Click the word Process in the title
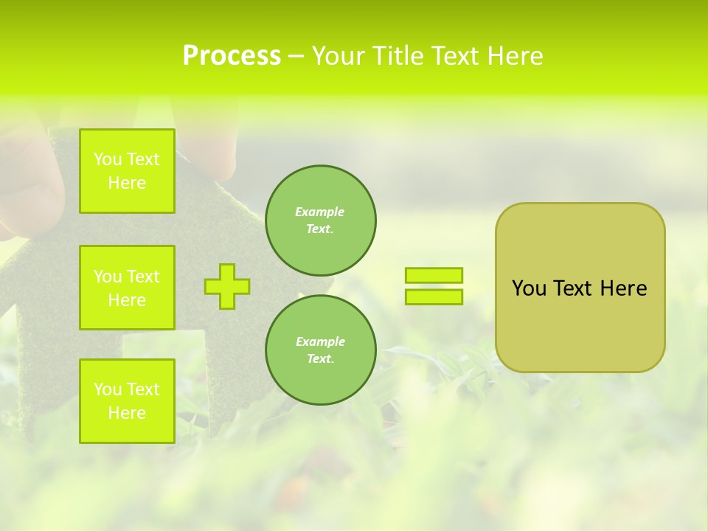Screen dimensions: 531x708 click(232, 56)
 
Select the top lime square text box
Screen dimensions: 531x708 click(127, 171)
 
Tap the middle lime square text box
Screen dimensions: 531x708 click(127, 288)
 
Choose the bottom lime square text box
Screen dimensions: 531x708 click(127, 401)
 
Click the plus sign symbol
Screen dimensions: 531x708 click(227, 286)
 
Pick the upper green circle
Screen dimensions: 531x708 click(320, 221)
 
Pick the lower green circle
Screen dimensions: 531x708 click(320, 350)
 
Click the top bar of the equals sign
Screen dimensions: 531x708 click(434, 275)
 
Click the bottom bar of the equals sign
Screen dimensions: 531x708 click(434, 296)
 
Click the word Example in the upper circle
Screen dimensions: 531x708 click(320, 212)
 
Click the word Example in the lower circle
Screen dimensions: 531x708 click(320, 341)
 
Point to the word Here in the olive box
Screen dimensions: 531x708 click(623, 288)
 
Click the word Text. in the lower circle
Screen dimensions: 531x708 click(320, 359)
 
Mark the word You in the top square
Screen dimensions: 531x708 click(108, 159)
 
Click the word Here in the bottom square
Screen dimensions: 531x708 click(127, 413)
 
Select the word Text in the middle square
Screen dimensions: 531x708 click(142, 277)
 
